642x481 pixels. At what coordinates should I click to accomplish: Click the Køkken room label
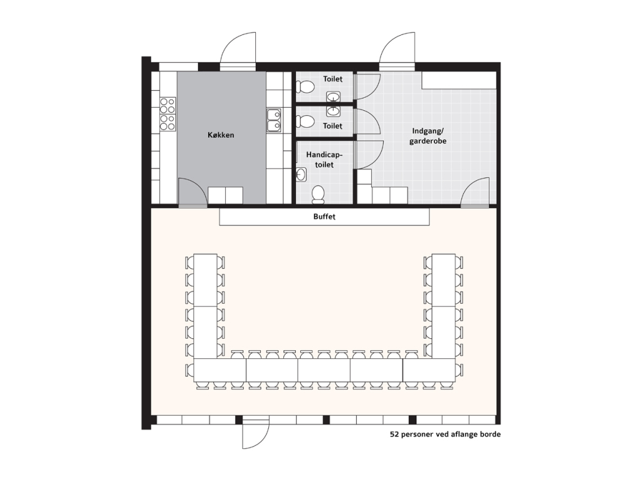(x=221, y=135)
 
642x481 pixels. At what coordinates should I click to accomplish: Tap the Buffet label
(x=324, y=216)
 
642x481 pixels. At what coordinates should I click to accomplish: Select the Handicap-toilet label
(x=324, y=160)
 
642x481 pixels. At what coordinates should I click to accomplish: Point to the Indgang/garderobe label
(x=428, y=136)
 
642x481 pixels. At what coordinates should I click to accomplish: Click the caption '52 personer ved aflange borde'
(x=445, y=435)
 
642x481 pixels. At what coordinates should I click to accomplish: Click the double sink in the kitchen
(x=274, y=120)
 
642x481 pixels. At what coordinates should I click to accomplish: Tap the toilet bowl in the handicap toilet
(x=318, y=194)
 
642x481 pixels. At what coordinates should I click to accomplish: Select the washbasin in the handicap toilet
(x=301, y=174)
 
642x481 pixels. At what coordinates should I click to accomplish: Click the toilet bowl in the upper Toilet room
(x=305, y=86)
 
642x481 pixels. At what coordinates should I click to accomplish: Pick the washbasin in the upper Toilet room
(x=333, y=97)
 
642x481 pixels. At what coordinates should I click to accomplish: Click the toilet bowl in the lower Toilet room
(x=305, y=122)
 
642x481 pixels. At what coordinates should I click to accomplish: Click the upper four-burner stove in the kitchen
(x=167, y=105)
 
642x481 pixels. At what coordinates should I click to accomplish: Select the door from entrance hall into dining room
(x=475, y=192)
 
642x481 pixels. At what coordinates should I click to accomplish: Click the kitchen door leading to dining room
(x=192, y=192)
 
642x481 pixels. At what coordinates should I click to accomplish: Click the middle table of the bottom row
(x=324, y=371)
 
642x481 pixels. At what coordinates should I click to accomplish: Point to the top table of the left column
(x=205, y=280)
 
